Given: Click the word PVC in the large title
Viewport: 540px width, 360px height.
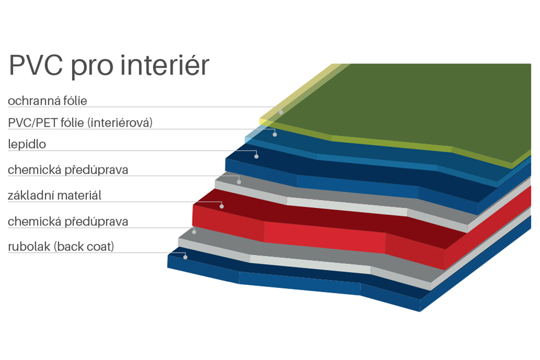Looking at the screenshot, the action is [x=36, y=65].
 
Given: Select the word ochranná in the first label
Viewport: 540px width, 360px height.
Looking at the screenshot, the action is [x=34, y=100].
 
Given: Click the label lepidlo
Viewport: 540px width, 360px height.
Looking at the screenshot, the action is [x=27, y=144].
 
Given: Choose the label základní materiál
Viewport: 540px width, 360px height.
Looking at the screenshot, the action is [x=54, y=195].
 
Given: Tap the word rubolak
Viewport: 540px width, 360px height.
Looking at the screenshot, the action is [x=29, y=247].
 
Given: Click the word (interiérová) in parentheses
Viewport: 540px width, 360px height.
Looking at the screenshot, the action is [x=120, y=123].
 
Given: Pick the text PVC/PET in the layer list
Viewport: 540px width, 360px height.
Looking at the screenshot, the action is [x=32, y=123].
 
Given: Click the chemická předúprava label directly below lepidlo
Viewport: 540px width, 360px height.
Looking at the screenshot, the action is [x=68, y=170].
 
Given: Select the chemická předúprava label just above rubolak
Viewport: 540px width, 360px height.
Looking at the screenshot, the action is [x=68, y=221].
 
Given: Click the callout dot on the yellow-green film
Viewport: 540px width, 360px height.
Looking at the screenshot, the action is [x=281, y=112].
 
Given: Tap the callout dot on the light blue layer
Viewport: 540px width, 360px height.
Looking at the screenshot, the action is [x=274, y=135].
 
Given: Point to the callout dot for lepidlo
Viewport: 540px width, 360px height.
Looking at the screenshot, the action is [x=256, y=157].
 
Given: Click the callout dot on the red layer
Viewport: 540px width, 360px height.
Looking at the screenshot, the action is [x=221, y=207].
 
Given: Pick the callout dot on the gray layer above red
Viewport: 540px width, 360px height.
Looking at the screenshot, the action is [x=239, y=182].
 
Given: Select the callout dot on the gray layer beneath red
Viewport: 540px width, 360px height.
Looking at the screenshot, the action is [x=194, y=232].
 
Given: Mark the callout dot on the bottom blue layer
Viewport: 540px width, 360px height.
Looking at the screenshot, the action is [x=185, y=257].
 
